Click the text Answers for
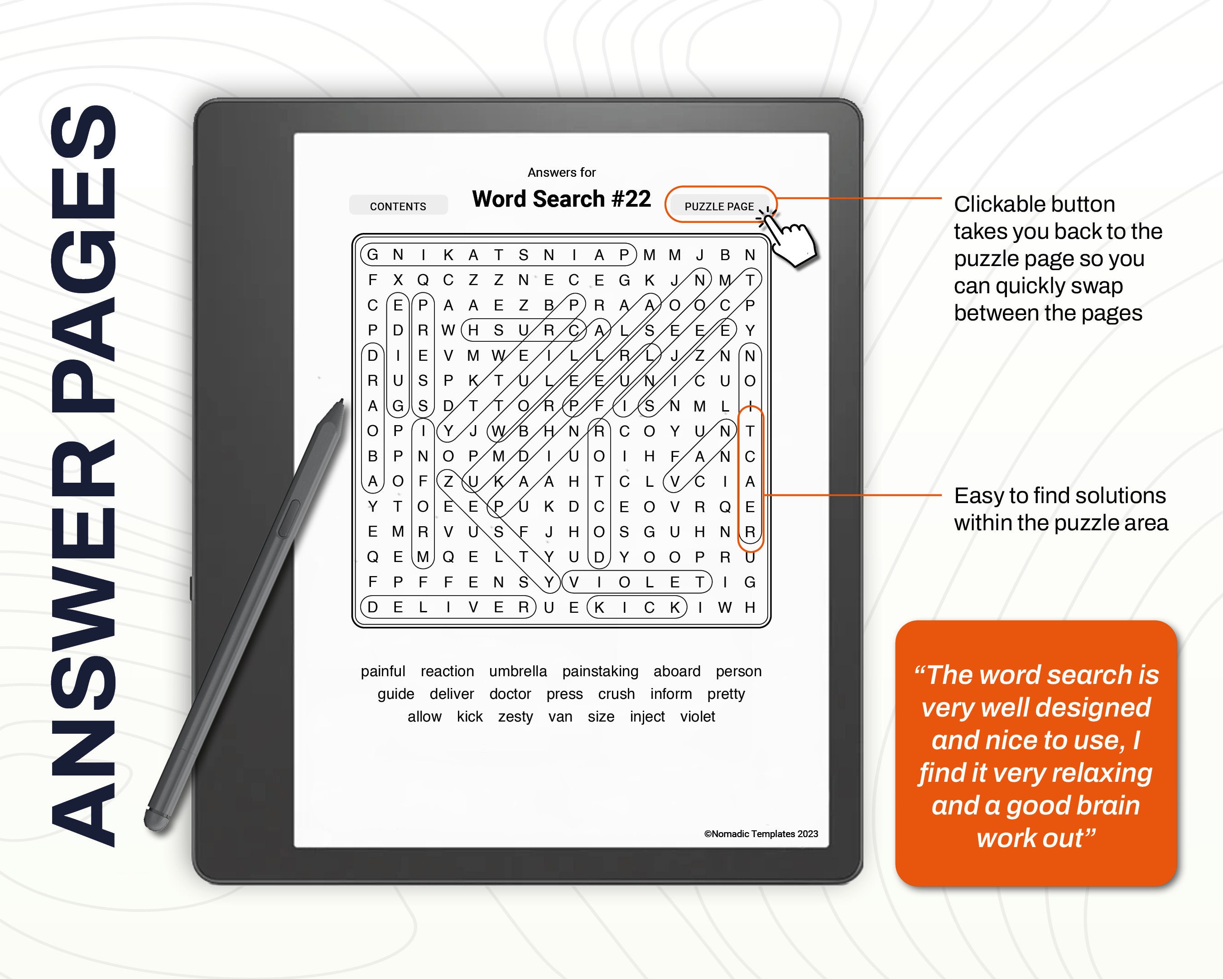561,172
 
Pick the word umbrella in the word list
518,671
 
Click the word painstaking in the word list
600,671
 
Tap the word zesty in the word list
515,717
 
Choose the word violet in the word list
697,717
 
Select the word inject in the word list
647,717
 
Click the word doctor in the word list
510,694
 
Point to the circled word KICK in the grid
636,607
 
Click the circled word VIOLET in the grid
636,582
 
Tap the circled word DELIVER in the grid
448,607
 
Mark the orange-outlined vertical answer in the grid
750,481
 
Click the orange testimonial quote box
1036,753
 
